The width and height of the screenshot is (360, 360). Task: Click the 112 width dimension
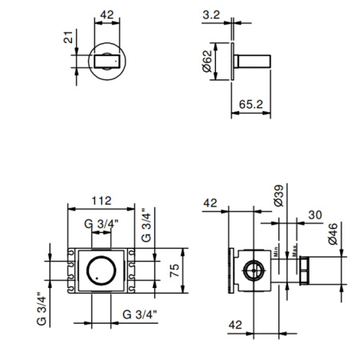[100, 200]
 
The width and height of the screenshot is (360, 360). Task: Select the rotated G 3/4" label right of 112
[145, 226]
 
